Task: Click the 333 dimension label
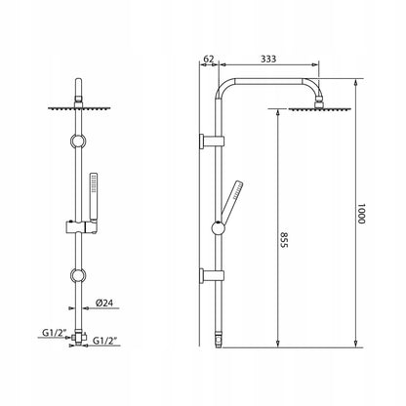[x=268, y=59]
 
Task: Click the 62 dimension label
[x=209, y=59]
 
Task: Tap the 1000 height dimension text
[x=361, y=214]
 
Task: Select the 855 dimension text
[x=284, y=240]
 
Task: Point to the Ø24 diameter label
[x=104, y=303]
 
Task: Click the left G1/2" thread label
[x=55, y=333]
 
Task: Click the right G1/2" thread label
[x=104, y=341]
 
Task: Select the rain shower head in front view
[x=79, y=108]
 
